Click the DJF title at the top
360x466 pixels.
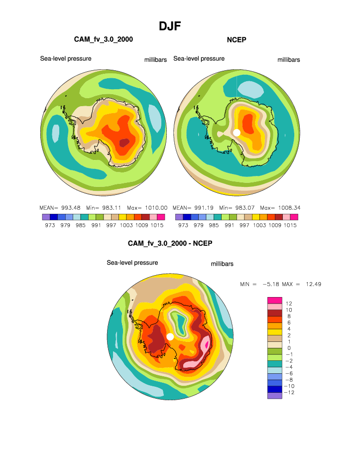click(169, 26)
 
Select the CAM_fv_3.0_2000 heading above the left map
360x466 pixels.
click(103, 39)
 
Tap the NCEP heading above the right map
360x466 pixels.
click(237, 39)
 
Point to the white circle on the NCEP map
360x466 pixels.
click(237, 132)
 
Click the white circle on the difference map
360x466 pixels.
click(170, 337)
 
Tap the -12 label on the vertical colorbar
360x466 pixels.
click(289, 393)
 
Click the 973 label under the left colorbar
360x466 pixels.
click(49, 225)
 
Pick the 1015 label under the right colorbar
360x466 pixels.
click(291, 225)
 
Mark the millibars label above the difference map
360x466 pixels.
click(222, 264)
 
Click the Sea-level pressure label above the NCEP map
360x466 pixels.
click(199, 59)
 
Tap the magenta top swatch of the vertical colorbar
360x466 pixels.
click(275, 300)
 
